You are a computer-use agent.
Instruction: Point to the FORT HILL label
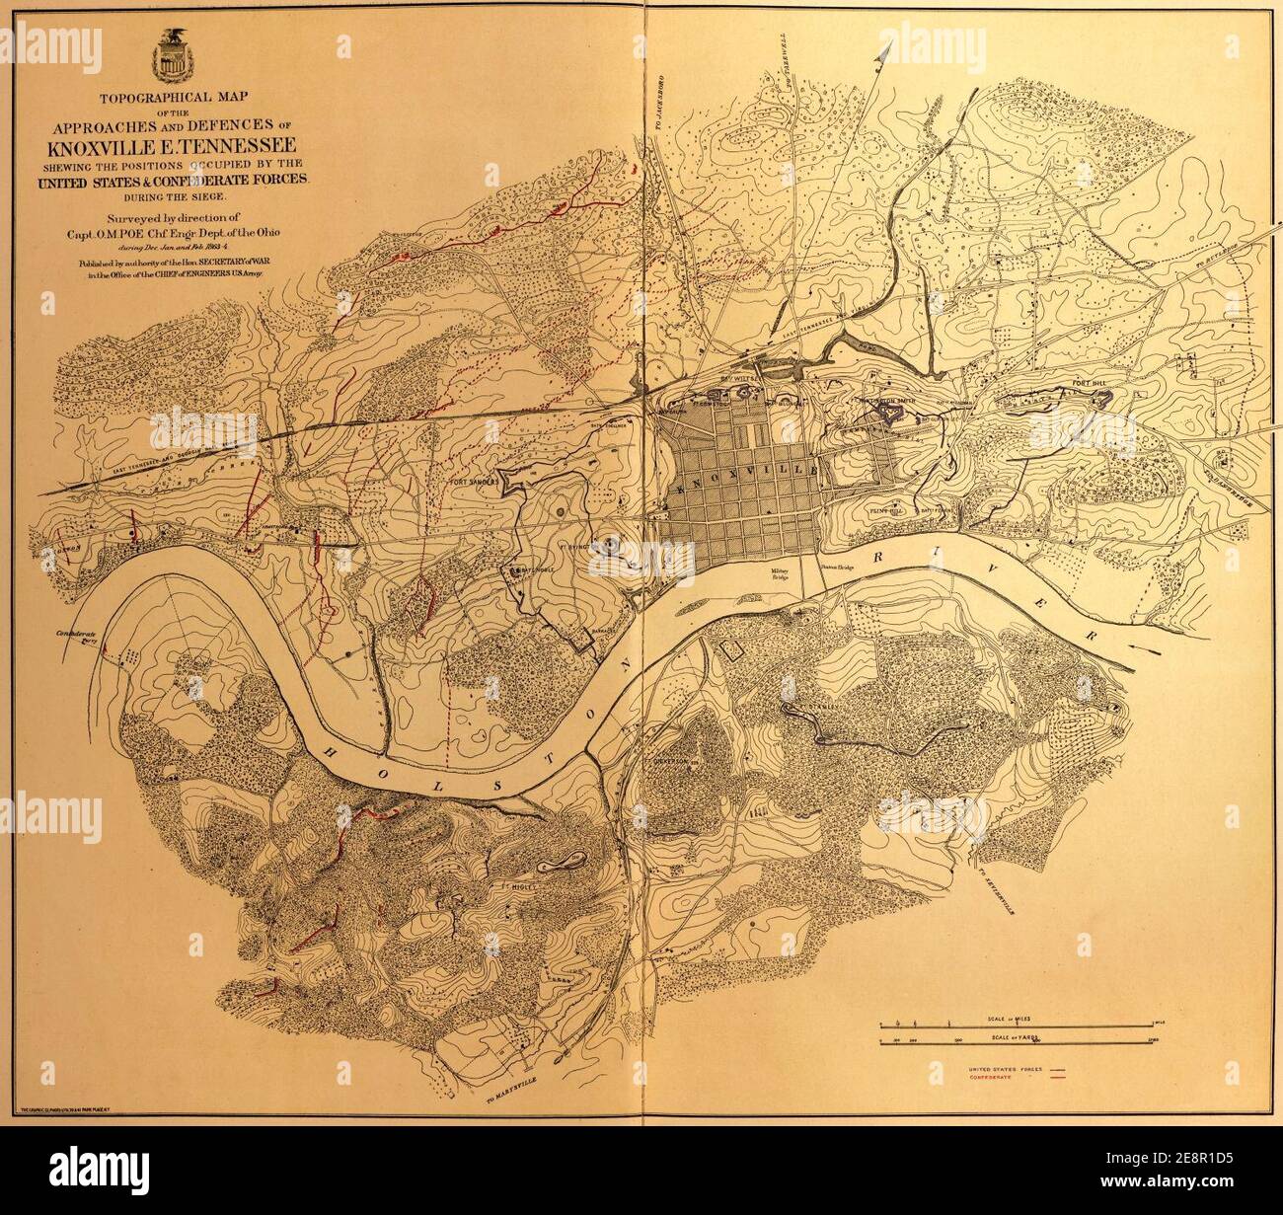(x=1089, y=384)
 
